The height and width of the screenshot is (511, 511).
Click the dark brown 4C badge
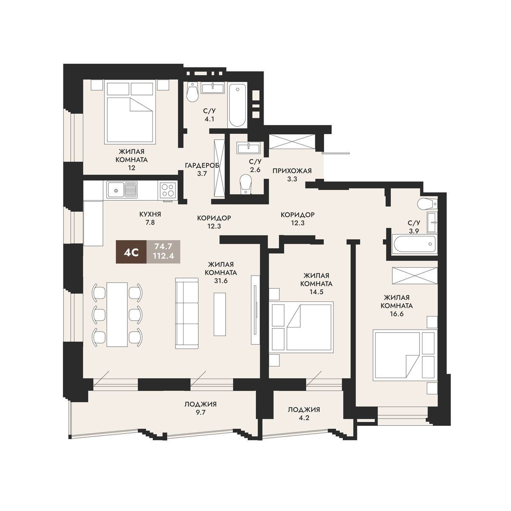point(131,252)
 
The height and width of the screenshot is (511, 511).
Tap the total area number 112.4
point(164,256)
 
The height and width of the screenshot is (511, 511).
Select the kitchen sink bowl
point(116,190)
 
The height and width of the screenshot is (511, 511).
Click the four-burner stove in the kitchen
point(168,190)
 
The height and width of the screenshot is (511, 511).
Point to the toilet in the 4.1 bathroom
point(192,92)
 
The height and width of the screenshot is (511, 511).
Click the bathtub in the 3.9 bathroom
point(415,244)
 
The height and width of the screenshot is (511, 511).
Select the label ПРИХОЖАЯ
point(292,170)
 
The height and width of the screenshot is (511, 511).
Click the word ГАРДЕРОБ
point(202,166)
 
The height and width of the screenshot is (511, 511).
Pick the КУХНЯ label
point(150,214)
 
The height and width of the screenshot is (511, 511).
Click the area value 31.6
point(221,281)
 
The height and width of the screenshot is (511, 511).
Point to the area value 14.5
point(316,292)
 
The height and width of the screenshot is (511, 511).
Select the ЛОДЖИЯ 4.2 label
point(304,413)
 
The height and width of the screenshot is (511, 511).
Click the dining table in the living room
point(117,314)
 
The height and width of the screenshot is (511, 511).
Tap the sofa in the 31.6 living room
point(187,313)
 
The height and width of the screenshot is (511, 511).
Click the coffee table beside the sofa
point(220,314)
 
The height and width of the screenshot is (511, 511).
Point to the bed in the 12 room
point(130,113)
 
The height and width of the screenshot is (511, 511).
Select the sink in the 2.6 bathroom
point(249,147)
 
